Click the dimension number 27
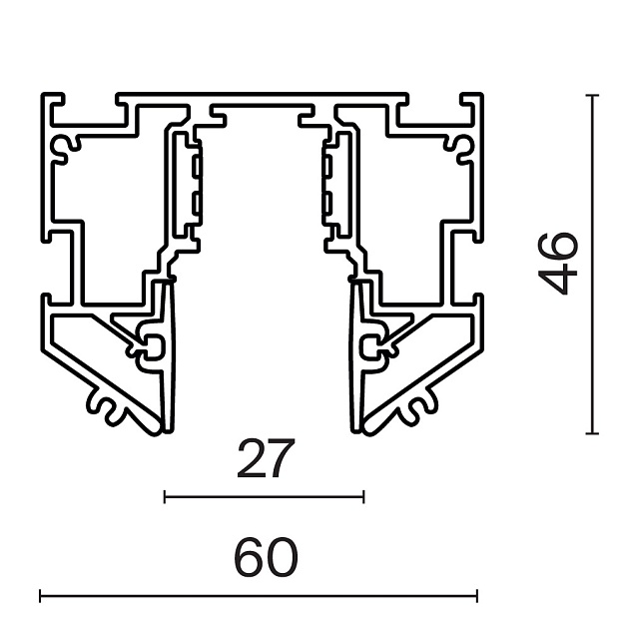(x=266, y=458)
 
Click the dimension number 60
(x=266, y=557)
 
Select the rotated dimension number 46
(x=557, y=264)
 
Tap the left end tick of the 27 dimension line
(x=165, y=496)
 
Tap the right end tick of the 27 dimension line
(x=363, y=496)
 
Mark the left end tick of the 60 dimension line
(x=40, y=596)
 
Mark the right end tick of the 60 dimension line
(x=477, y=596)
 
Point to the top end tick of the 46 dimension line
(x=592, y=96)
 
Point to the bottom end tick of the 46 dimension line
(x=592, y=433)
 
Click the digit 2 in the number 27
(x=252, y=458)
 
